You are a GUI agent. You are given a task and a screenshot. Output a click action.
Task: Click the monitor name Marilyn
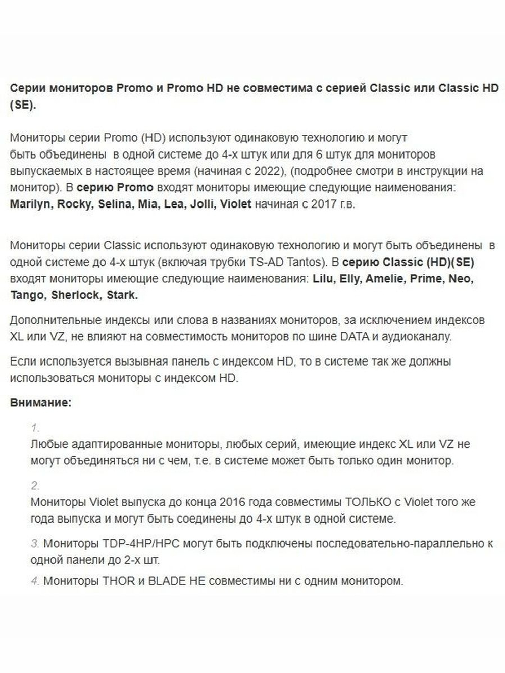click(31, 204)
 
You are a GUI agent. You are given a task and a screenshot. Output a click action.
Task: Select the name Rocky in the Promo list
click(74, 204)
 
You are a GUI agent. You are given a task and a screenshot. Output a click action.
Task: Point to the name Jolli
click(202, 204)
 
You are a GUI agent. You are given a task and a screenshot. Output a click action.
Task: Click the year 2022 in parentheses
click(272, 171)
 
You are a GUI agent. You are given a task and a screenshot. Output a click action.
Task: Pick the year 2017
click(323, 204)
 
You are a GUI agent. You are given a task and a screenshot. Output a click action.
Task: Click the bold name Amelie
click(384, 279)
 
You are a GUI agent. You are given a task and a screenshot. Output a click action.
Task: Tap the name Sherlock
click(76, 295)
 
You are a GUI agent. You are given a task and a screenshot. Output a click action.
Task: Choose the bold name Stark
click(122, 295)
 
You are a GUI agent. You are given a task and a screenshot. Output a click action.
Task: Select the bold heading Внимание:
click(41, 403)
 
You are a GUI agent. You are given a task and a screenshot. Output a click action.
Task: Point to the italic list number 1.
click(35, 428)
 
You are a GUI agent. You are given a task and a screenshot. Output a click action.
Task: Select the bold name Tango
click(28, 295)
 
